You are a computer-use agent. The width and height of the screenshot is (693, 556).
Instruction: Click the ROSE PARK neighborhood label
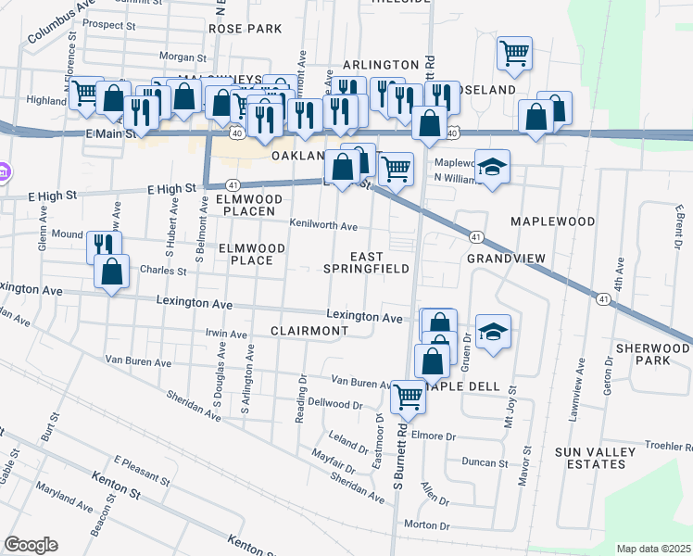click(245, 29)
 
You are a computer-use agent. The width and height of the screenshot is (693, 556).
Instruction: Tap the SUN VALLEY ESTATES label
click(621, 459)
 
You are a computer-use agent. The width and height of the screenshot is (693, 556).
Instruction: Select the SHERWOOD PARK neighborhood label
click(652, 355)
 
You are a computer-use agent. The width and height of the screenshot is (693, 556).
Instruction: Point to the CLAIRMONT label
click(309, 331)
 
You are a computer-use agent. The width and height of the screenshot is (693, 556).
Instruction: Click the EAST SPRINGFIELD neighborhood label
click(366, 261)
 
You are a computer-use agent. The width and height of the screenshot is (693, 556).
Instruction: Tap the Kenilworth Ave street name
click(322, 226)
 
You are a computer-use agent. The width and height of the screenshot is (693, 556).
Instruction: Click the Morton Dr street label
click(426, 524)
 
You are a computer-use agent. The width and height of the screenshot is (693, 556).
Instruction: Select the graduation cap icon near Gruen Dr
click(493, 331)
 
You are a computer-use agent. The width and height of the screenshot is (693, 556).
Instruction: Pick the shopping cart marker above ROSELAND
click(514, 52)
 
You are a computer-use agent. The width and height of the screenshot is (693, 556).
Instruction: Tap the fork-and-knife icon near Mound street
click(103, 246)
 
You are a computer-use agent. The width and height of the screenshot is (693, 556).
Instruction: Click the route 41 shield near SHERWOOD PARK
click(603, 299)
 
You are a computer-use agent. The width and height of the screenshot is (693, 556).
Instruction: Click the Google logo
click(31, 545)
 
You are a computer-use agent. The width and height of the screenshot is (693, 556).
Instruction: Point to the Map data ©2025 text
click(652, 549)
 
